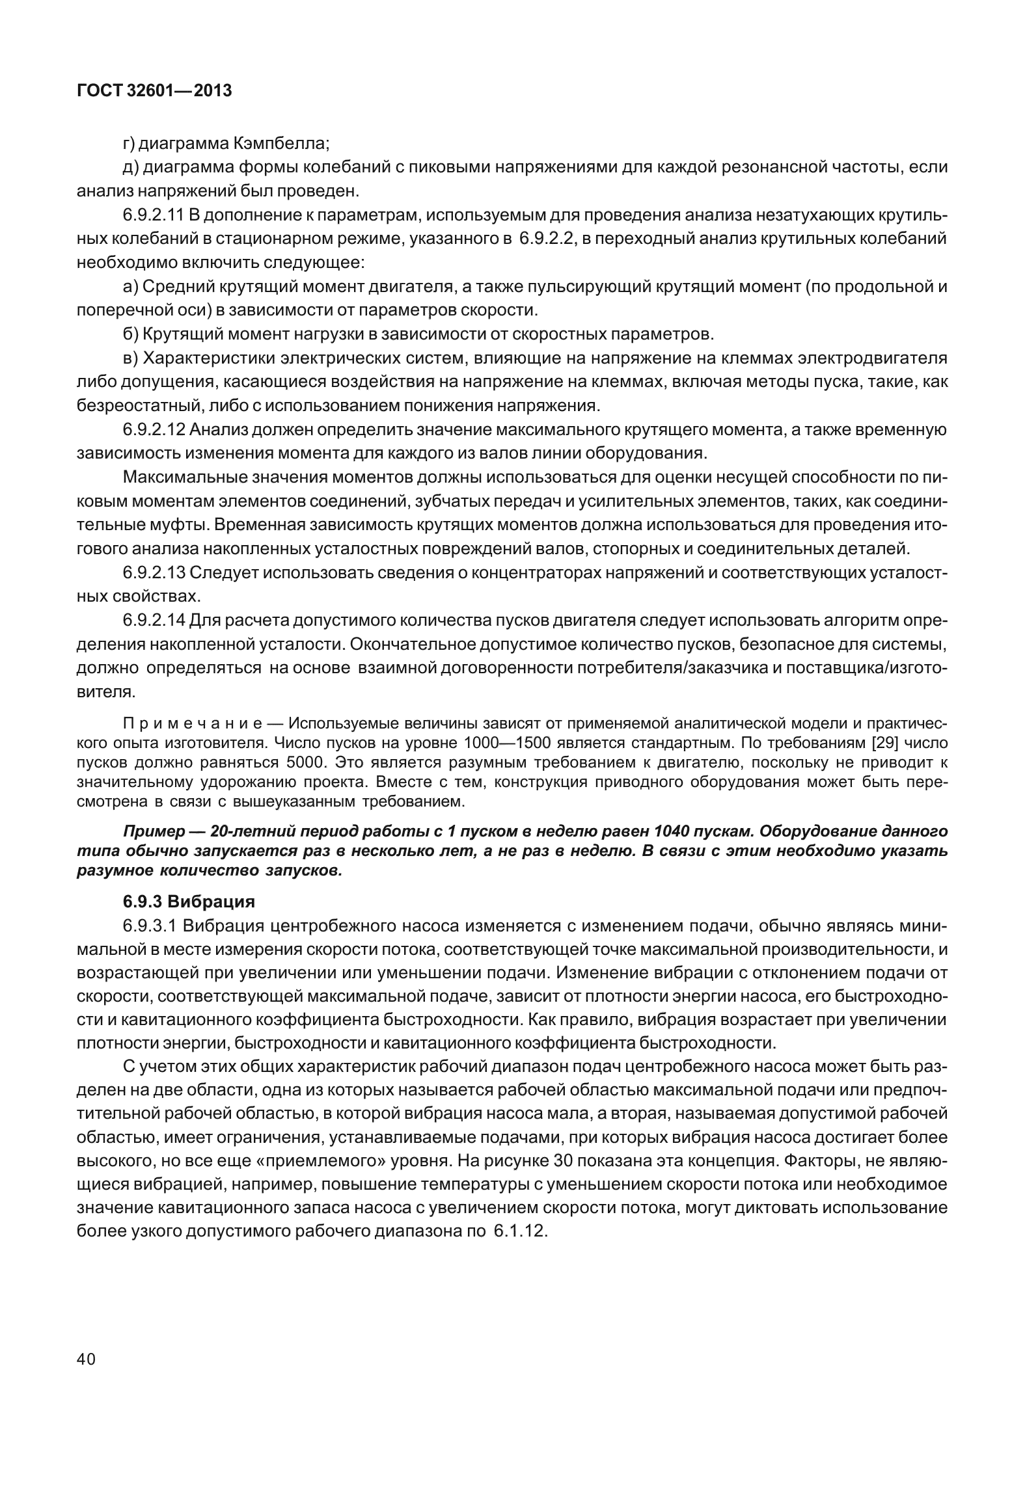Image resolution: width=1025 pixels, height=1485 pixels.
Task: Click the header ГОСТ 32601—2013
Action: (154, 91)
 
